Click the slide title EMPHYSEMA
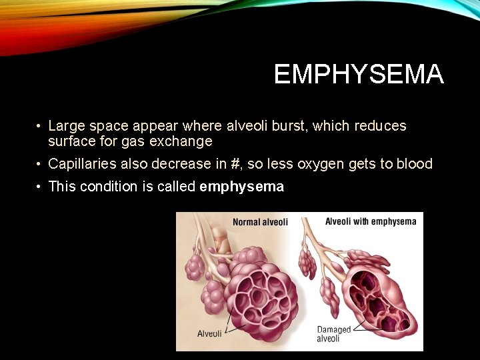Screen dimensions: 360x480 [358, 75]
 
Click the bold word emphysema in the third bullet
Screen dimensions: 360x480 [241, 187]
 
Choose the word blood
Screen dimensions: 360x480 [414, 164]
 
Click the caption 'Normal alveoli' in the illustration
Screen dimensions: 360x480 [260, 222]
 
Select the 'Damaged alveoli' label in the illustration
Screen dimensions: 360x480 [333, 334]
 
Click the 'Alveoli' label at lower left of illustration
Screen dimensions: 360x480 [209, 333]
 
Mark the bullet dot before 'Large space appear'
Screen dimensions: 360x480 [40, 126]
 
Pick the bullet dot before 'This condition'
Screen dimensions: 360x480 [40, 187]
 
